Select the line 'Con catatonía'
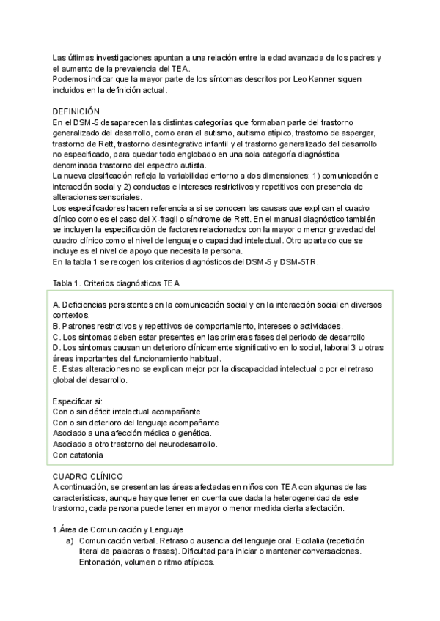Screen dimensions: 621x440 pos(78,455)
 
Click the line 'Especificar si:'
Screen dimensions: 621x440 pos(78,401)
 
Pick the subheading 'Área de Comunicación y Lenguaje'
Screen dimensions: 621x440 pos(122,529)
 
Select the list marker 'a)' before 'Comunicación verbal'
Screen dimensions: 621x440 pos(70,540)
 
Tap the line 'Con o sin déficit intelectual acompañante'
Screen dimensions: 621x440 pos(127,412)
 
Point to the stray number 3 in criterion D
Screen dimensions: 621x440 pos(331,348)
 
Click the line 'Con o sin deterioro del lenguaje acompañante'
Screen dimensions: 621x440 pos(136,423)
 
